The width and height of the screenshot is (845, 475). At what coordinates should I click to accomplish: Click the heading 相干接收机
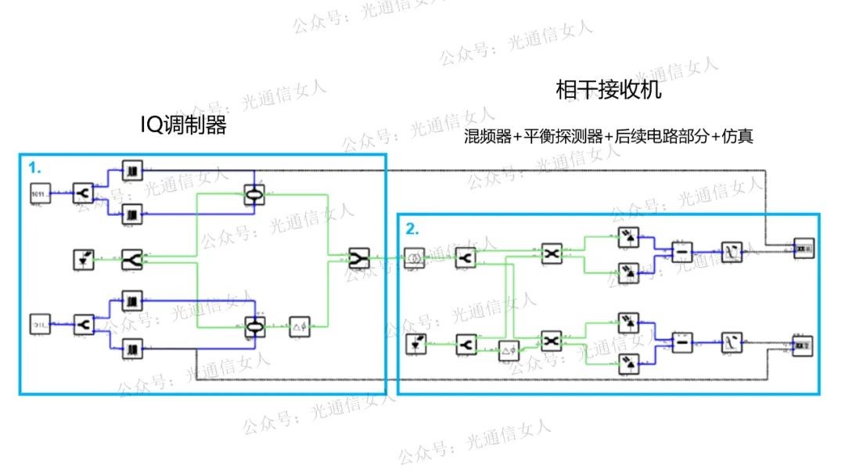point(608,91)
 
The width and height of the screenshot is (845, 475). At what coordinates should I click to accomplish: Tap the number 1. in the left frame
point(35,167)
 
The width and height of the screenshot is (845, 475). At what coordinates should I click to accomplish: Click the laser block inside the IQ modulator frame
point(83,259)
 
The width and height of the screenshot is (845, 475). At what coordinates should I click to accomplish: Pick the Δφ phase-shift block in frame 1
point(300,326)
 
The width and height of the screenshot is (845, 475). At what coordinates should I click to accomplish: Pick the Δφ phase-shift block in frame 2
point(509,351)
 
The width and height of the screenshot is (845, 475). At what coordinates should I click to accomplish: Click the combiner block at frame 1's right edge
point(359,259)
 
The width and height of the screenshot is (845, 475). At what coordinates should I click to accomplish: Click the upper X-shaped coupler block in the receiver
point(552,253)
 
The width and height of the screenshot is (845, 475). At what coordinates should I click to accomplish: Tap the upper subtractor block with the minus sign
point(682,252)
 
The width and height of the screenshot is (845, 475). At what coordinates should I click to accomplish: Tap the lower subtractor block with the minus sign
point(682,343)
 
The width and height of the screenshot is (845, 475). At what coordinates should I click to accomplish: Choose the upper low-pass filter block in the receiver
point(731,252)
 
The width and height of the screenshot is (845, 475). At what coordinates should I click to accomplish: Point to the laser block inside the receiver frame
point(415,344)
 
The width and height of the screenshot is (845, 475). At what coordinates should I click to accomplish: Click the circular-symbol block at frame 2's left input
point(415,257)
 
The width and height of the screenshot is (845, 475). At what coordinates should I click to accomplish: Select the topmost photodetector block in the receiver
point(627,235)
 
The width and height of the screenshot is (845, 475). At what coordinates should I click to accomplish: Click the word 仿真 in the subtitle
point(739,136)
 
